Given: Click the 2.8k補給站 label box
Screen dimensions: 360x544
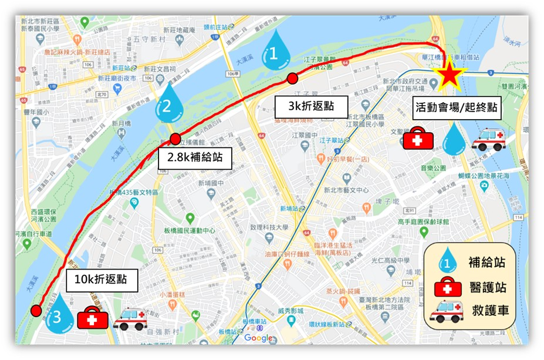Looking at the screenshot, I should (x=194, y=157).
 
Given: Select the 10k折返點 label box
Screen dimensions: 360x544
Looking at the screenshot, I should (x=102, y=280).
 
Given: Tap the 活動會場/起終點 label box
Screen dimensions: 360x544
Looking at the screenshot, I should (x=457, y=107).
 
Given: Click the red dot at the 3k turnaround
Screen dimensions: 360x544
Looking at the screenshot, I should (x=292, y=79).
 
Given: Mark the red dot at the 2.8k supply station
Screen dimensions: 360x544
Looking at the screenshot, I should (x=175, y=139).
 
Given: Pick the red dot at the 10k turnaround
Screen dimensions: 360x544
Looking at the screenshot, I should (x=36, y=310).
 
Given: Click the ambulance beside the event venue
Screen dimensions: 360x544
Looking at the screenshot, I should (x=488, y=140).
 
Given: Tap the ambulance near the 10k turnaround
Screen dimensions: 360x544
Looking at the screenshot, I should (x=130, y=319).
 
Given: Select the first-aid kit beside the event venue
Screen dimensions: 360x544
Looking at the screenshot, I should (x=418, y=139).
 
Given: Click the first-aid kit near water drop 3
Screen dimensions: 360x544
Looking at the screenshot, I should (x=93, y=318).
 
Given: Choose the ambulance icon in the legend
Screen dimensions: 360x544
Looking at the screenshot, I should (x=446, y=311).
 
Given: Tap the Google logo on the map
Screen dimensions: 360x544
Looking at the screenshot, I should (x=258, y=338).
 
